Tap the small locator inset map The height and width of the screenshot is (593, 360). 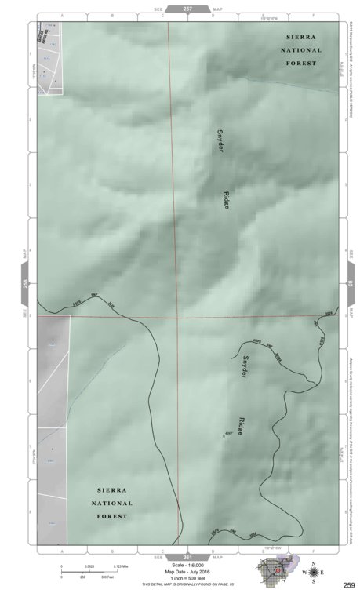(274, 574)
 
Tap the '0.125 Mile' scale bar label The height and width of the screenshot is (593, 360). (119, 566)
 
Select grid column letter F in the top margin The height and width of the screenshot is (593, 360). (315, 15)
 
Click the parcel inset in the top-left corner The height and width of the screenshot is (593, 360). (48, 53)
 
